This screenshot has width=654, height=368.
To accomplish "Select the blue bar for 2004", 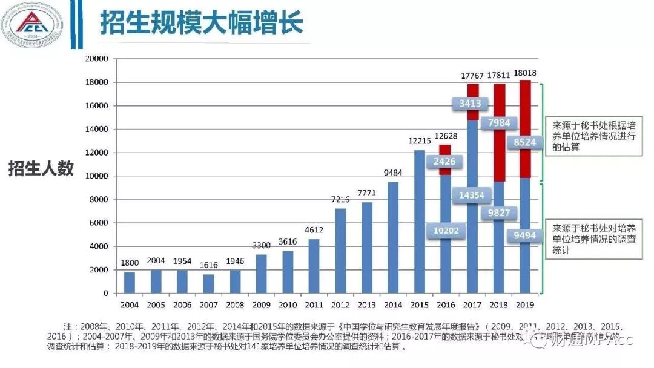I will [130, 282].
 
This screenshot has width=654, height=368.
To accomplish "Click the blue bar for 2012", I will [340, 251].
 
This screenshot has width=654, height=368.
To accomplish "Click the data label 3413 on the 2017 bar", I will [470, 103].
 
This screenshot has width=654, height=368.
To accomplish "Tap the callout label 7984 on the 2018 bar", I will [498, 123].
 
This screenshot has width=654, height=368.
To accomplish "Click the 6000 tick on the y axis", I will [99, 223].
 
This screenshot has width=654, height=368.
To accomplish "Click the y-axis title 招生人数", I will [41, 169].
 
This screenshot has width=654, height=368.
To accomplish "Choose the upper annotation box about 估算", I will [593, 136].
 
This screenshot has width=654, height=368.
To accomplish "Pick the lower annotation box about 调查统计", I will [593, 238].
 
